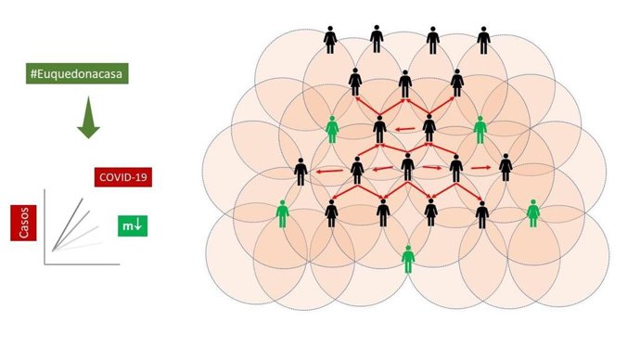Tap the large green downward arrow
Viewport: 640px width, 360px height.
[x=86, y=119]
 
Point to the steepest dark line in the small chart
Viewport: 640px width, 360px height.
[x=69, y=223]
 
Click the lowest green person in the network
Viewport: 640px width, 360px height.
[x=408, y=258]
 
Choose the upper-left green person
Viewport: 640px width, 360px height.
[x=333, y=129]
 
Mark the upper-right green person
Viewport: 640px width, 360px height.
[x=480, y=129]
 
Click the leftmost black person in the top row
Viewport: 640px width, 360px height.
[x=330, y=40]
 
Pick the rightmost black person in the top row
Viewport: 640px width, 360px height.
[x=483, y=40]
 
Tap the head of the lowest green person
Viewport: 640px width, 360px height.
[x=408, y=247]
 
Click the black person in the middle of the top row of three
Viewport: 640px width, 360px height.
[x=404, y=84]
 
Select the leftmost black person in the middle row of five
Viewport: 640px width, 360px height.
[x=301, y=172]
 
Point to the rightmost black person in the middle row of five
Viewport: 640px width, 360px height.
[x=506, y=168]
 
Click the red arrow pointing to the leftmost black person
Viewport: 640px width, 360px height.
[x=326, y=171]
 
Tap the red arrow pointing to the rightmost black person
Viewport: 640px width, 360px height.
[x=480, y=168]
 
